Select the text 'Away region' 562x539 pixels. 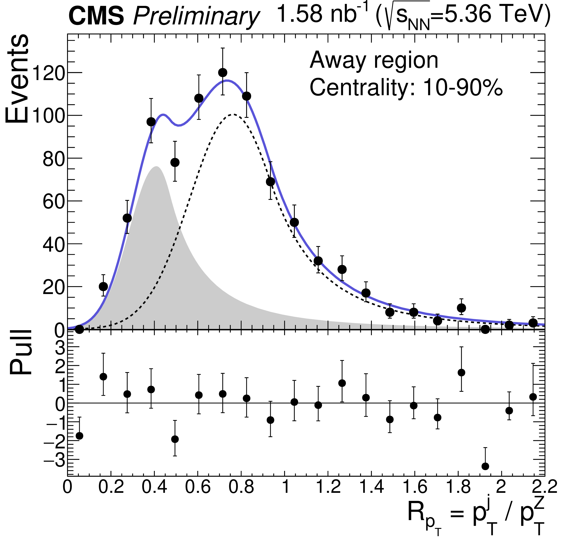click(x=374, y=60)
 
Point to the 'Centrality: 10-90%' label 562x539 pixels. click(x=406, y=87)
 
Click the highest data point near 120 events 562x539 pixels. click(x=223, y=73)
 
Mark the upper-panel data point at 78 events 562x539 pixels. click(x=175, y=162)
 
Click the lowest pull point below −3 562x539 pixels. click(x=485, y=466)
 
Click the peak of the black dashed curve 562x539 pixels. click(x=234, y=114)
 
